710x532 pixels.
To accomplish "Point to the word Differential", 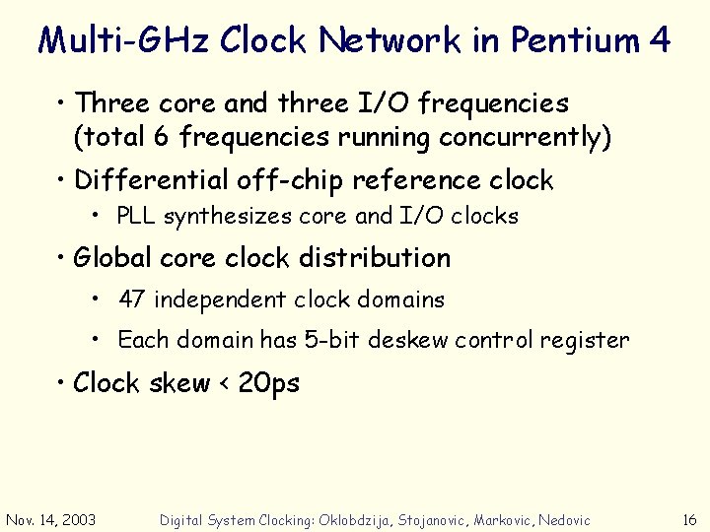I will (152, 180).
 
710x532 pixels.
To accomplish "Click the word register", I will (585, 341).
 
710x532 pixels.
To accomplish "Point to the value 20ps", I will (269, 383).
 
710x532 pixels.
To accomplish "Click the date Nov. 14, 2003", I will (51, 519).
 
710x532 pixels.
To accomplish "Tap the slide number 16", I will (689, 519).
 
